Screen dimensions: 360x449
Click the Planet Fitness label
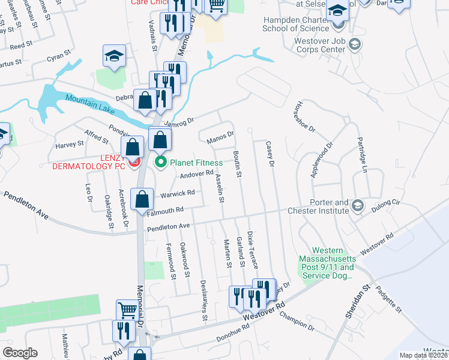pyautogui.click(x=196, y=162)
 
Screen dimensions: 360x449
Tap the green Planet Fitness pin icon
pyautogui.click(x=161, y=162)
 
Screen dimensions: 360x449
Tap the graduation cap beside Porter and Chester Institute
pyautogui.click(x=357, y=206)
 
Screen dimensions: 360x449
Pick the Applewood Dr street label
pyautogui.click(x=322, y=160)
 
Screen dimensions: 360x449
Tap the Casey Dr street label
pyautogui.click(x=270, y=154)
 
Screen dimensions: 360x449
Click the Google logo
pyautogui.click(x=20, y=353)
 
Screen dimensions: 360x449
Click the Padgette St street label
pyautogui.click(x=389, y=300)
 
